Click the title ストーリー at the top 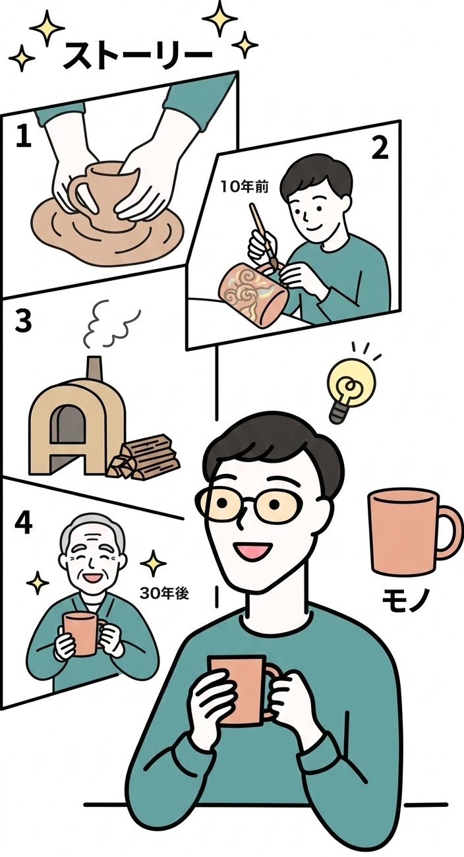tap(137, 56)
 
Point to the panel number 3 tap(23, 321)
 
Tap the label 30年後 tap(165, 593)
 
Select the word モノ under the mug tap(406, 599)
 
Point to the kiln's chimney tap(94, 369)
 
